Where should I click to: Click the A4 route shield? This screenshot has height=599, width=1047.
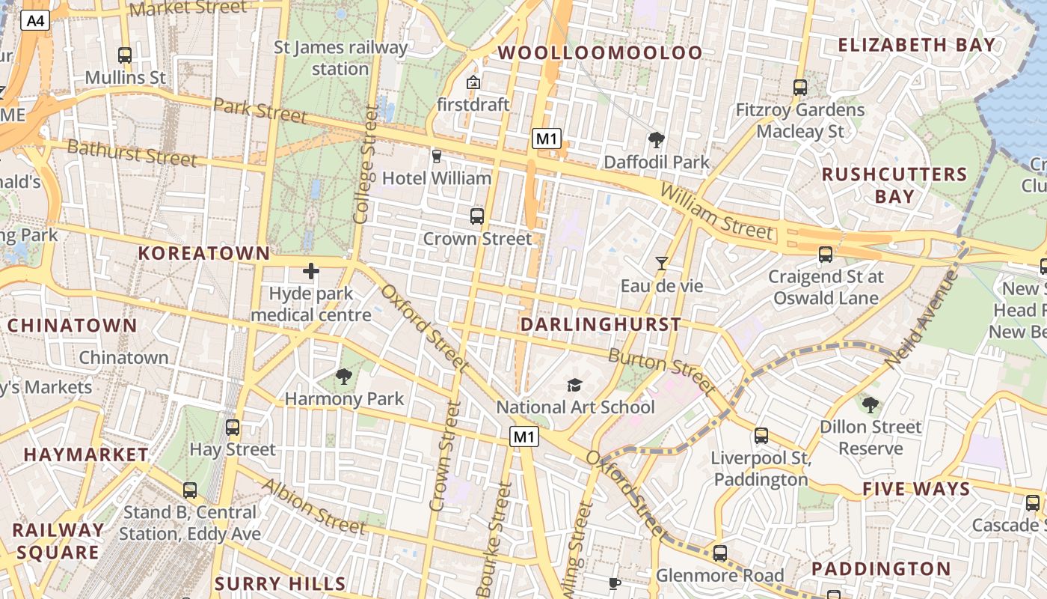click(35, 21)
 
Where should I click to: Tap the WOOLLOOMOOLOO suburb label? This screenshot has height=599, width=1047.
click(601, 52)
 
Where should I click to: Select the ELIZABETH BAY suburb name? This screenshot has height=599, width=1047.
click(917, 45)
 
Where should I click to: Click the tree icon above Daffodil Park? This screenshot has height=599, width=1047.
click(657, 139)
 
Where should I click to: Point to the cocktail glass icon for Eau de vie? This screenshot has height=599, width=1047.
click(662, 263)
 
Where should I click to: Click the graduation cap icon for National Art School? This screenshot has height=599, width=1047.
click(574, 385)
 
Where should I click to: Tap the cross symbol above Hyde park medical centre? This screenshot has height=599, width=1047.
click(311, 270)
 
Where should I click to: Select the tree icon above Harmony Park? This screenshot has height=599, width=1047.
click(344, 377)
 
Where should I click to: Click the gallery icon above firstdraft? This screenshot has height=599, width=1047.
click(473, 82)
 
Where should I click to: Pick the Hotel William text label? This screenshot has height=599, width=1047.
click(437, 178)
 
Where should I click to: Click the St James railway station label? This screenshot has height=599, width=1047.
click(341, 58)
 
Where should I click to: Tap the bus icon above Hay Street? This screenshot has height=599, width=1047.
click(233, 428)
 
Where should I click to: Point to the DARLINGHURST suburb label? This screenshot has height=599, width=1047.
click(601, 324)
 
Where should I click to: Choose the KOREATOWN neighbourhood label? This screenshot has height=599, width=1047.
click(204, 253)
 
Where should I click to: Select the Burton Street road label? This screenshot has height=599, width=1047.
click(661, 370)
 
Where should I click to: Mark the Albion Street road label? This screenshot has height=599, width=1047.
click(314, 506)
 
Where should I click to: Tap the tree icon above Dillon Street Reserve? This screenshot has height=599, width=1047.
click(870, 405)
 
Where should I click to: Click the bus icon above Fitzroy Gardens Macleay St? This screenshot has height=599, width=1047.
click(800, 88)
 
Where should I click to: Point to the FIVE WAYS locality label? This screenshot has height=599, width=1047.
click(916, 490)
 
